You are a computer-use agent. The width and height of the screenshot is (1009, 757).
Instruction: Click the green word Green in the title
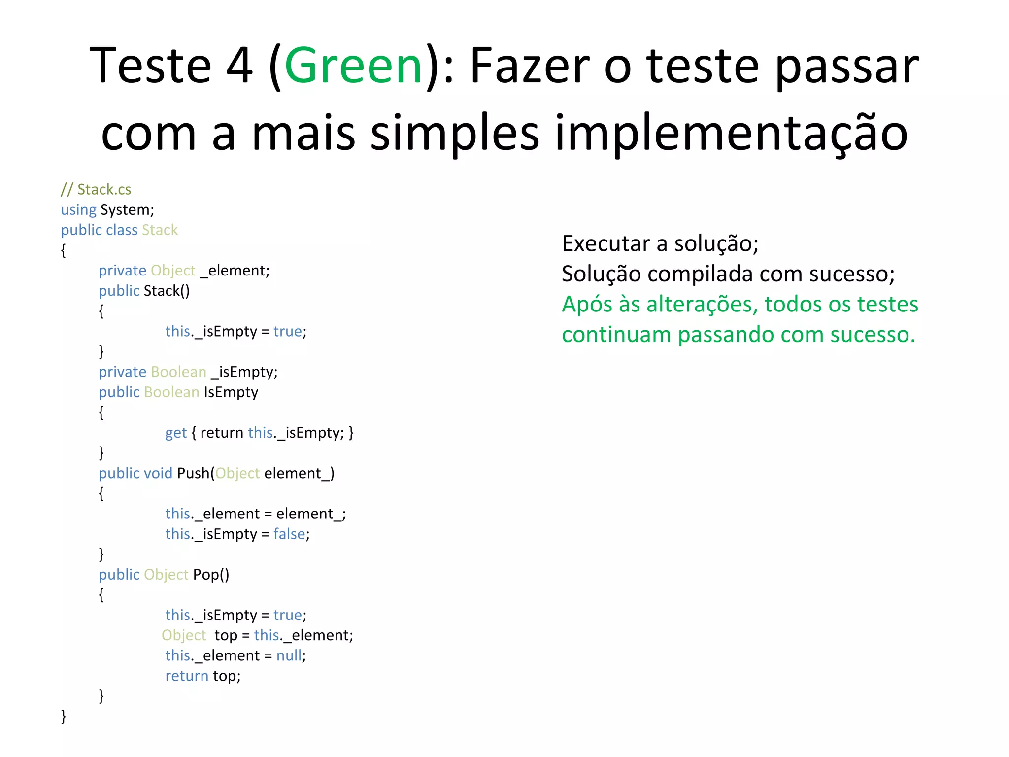353,66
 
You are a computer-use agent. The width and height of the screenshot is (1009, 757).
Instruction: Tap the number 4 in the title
239,66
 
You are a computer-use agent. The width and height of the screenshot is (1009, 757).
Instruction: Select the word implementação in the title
731,133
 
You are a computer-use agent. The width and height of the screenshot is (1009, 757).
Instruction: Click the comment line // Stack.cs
96,189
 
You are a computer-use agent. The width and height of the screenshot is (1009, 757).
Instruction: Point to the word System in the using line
126,210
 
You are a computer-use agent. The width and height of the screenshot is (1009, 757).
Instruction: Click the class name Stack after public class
160,230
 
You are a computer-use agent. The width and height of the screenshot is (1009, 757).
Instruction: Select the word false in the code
290,534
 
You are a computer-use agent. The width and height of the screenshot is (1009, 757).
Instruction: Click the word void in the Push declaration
158,473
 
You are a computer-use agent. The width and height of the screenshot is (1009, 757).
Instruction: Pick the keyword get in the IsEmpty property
176,433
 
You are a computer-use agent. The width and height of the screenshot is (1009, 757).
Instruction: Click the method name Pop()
211,575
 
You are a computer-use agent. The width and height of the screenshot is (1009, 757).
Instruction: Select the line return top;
203,676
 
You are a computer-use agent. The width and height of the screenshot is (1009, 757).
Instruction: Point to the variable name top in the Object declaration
226,635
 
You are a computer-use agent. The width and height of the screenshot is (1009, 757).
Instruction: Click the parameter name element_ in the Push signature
298,473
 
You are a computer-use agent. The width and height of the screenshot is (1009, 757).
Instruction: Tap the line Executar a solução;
660,243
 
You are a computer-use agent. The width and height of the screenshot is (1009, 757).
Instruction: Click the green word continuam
616,335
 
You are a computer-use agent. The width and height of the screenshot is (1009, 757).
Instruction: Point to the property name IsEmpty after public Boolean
231,392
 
